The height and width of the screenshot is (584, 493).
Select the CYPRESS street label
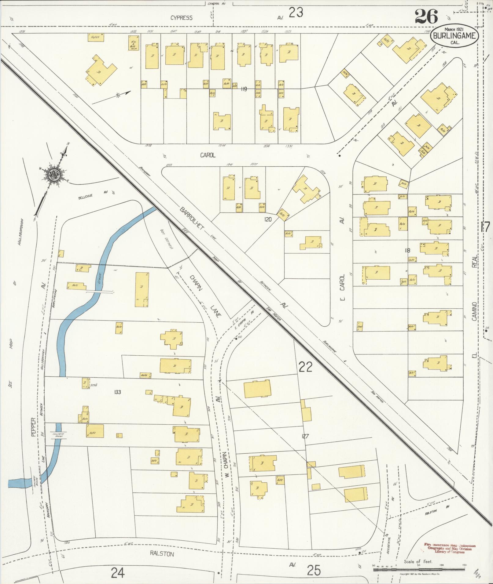pos(181,18)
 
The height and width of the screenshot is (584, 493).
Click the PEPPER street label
pos(34,427)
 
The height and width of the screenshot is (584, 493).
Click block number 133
pos(117,392)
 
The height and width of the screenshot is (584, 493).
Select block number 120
pos(268,219)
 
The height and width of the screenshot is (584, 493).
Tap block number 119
pos(244,89)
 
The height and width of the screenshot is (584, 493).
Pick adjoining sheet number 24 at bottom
pos(118,572)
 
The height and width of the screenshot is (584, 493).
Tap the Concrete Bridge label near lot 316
pos(57,435)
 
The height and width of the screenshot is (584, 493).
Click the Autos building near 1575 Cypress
pos(96,37)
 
